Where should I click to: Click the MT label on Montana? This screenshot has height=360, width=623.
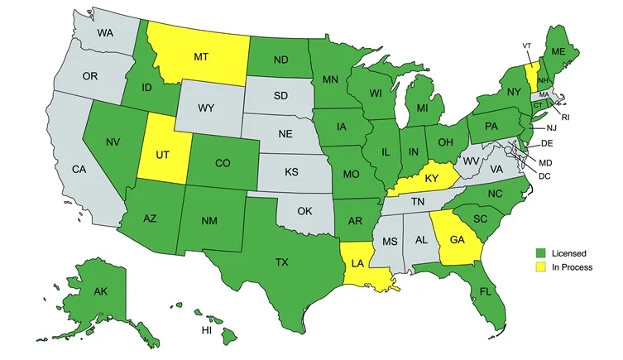[200, 57]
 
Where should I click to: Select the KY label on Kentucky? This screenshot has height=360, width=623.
[431, 179]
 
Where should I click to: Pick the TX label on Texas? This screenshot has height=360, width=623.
[281, 262]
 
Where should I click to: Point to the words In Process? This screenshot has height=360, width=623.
[571, 267]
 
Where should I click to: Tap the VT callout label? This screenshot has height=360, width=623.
[527, 46]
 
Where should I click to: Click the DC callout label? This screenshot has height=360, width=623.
[544, 176]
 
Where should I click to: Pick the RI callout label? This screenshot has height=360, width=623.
[566, 117]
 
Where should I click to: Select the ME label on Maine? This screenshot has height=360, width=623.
[558, 52]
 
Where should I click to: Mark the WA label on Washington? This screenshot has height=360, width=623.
[105, 33]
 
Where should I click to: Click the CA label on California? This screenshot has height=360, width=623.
[79, 170]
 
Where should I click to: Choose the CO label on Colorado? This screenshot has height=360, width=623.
[223, 163]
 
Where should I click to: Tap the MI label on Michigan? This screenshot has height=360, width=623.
[423, 108]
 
